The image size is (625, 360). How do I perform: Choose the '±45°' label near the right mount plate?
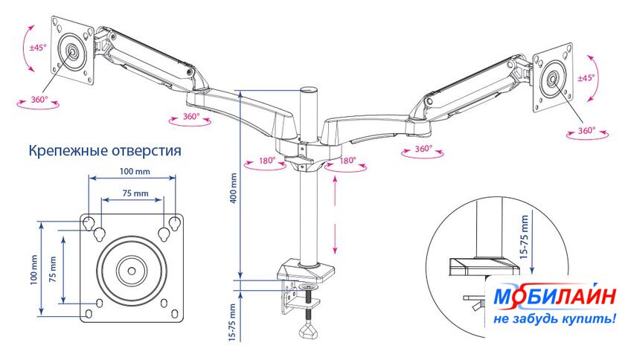click(x=586, y=77)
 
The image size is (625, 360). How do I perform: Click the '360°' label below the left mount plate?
click(x=39, y=99)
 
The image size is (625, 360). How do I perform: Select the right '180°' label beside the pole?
click(x=347, y=160)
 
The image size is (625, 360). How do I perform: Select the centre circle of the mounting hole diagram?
click(x=131, y=269)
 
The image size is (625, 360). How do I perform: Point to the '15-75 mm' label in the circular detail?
click(x=525, y=237)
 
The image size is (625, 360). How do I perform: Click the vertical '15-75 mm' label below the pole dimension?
click(x=233, y=323)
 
